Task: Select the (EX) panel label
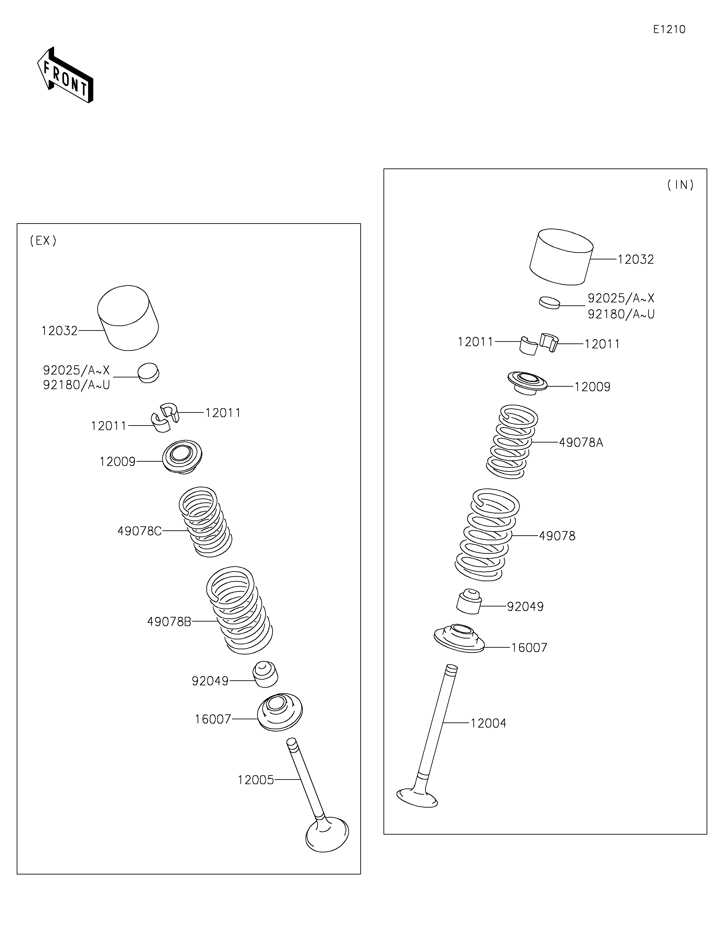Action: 43,241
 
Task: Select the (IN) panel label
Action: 680,185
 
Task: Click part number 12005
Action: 256,780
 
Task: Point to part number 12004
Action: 488,723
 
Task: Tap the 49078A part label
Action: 581,443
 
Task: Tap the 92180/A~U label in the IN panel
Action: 621,314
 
